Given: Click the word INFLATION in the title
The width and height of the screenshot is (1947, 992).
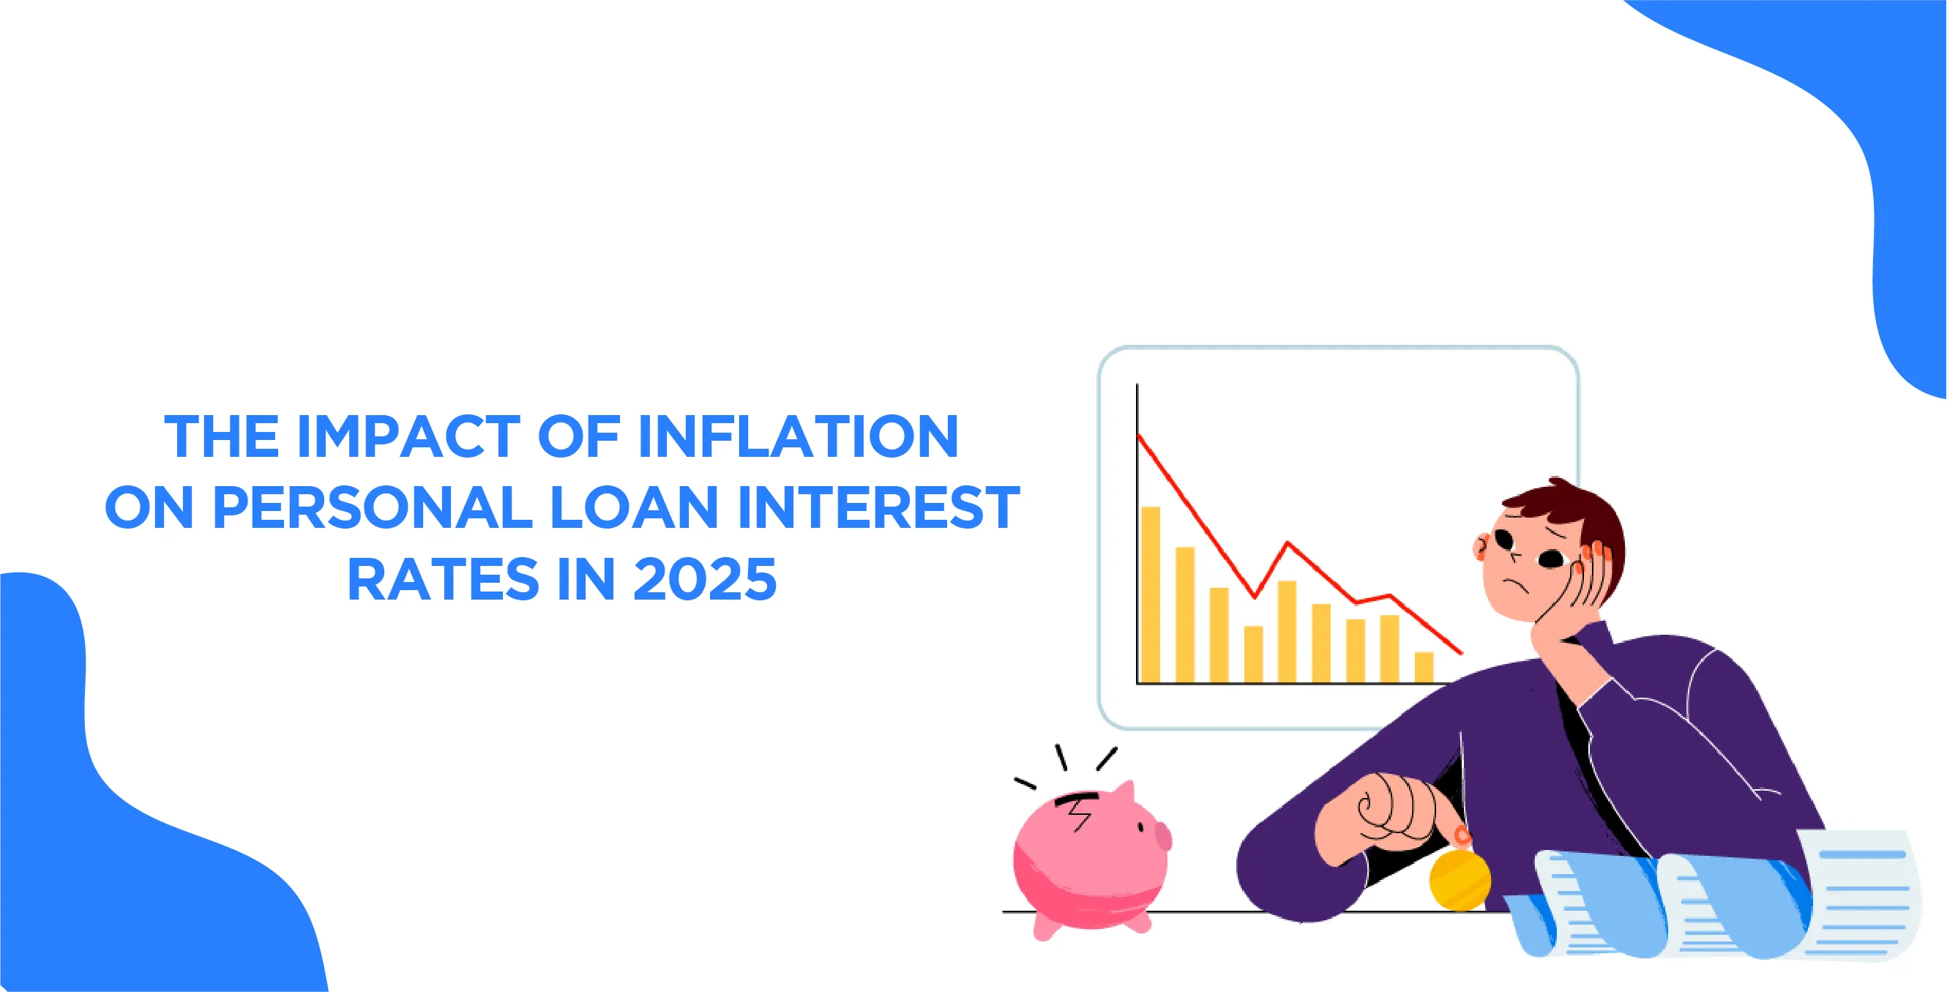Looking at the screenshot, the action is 798,436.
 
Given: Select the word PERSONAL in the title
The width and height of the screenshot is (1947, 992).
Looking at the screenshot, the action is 373,507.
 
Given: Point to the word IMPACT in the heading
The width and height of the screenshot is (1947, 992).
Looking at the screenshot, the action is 408,436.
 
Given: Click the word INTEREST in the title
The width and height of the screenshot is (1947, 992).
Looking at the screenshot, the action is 879,507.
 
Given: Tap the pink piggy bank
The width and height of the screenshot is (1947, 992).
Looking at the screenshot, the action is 1091,861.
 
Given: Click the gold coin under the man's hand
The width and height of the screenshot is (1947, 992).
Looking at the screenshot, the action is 1460,879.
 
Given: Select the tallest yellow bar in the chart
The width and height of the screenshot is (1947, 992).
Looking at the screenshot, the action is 1151,594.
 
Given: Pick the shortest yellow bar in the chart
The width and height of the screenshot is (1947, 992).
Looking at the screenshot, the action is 1424,667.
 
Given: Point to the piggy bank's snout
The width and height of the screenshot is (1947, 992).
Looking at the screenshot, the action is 1162,837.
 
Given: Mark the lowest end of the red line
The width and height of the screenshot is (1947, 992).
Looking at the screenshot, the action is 1462,653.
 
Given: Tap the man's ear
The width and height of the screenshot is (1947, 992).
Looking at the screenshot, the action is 1481,545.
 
